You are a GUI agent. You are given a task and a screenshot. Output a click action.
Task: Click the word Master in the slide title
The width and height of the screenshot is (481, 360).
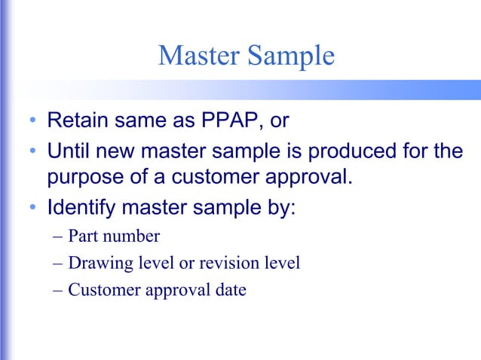(x=198, y=56)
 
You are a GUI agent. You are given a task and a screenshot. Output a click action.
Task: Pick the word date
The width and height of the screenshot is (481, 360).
(x=230, y=290)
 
